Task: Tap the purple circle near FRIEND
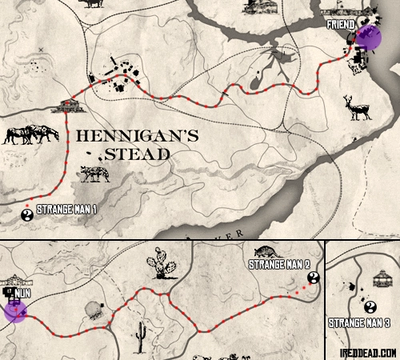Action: (368, 38)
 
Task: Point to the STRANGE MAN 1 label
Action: (66, 210)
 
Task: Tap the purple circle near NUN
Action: (15, 310)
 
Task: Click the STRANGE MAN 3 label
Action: (359, 323)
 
